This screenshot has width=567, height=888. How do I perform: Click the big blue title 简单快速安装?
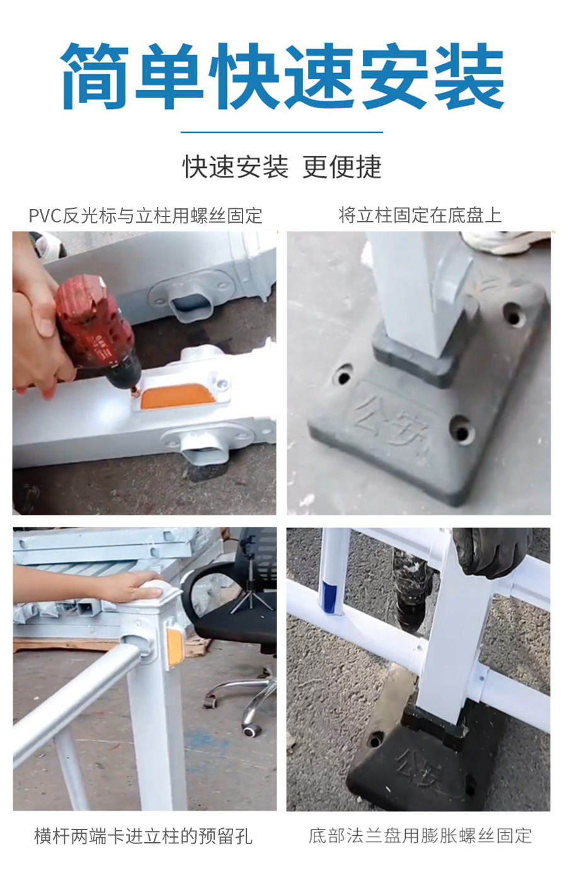pos(283,76)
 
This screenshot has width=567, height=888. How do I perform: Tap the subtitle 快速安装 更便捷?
pos(282,167)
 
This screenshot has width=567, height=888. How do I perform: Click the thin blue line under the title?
pos(282,132)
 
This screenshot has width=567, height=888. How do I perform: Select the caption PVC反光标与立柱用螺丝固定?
pos(145,216)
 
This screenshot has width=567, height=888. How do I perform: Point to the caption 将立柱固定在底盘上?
pos(420,216)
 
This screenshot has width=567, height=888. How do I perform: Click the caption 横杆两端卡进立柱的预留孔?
pos(143,836)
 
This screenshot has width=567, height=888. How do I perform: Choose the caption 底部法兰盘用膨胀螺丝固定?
pos(420,836)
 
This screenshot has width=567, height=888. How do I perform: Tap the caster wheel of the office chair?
pos(251,729)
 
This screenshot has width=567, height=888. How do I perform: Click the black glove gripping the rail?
pos(492,551)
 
